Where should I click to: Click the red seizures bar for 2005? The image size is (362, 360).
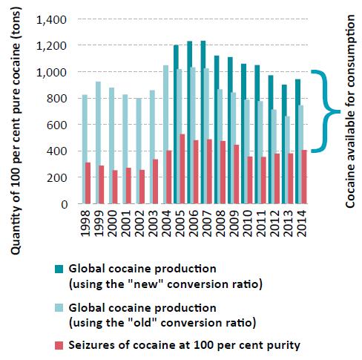click(182, 169)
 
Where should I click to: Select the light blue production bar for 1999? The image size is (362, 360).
click(98, 143)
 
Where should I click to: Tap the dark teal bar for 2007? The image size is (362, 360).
click(203, 122)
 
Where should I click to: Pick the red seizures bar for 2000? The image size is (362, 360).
click(115, 187)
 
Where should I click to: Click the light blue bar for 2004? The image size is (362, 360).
click(165, 134)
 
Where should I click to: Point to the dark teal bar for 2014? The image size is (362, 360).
click(297, 142)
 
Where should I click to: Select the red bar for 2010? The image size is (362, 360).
click(250, 180)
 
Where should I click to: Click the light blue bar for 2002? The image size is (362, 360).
click(139, 151)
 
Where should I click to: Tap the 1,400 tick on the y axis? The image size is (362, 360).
click(51, 20)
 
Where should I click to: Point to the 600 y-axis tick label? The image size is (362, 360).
click(57, 125)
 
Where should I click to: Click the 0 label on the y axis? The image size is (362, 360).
click(64, 204)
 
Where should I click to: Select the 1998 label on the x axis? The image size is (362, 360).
click(85, 223)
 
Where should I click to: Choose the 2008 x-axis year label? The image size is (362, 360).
click(220, 223)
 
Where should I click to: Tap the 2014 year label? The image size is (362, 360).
click(301, 223)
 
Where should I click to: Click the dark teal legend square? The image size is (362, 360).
click(59, 269)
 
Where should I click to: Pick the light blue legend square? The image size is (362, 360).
click(59, 308)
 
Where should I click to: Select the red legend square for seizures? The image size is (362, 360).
click(59, 345)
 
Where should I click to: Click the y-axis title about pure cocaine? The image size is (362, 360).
click(16, 131)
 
